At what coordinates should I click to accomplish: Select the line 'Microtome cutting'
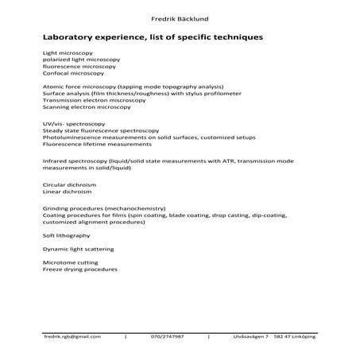(x=64, y=262)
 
